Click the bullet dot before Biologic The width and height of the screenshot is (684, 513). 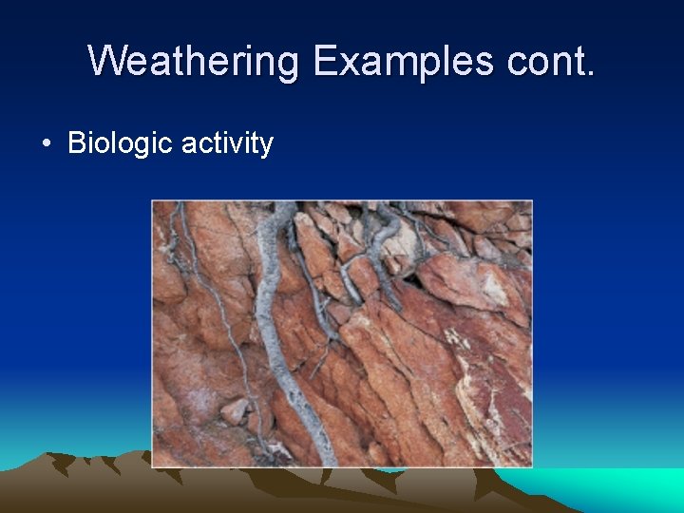46,144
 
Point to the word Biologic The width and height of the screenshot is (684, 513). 120,143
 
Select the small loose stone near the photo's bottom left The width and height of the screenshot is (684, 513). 235,410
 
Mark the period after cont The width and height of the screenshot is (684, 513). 591,73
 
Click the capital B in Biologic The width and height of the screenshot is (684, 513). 76,143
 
